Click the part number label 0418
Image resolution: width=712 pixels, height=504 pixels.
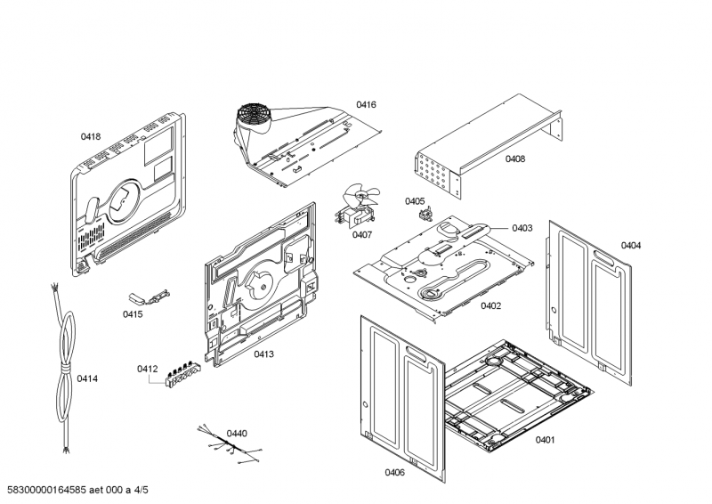coord(91,136)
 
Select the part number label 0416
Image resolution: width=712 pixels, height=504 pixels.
coord(366,105)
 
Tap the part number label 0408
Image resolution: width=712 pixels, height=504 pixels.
coord(515,159)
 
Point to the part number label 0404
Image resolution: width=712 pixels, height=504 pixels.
coord(631,245)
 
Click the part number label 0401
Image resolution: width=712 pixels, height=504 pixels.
coord(545,440)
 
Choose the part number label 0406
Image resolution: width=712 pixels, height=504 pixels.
coord(394,472)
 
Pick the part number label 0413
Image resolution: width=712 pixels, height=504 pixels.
coord(263,354)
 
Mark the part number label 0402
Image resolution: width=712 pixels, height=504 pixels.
coord(490,305)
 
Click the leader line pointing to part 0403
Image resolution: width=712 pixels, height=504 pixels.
coord(498,229)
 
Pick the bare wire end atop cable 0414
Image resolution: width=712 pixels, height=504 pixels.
coord(56,290)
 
